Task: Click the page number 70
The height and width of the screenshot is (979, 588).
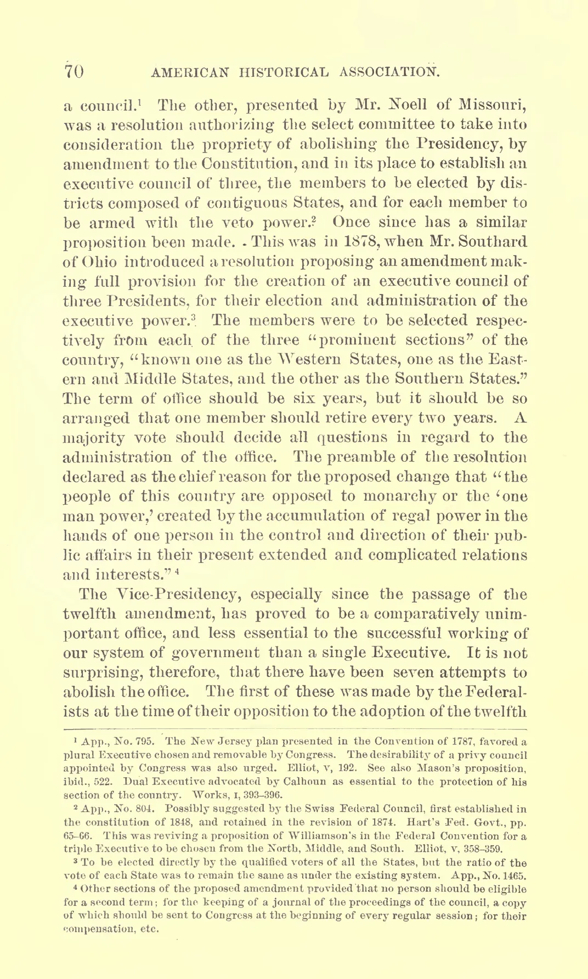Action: point(73,72)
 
